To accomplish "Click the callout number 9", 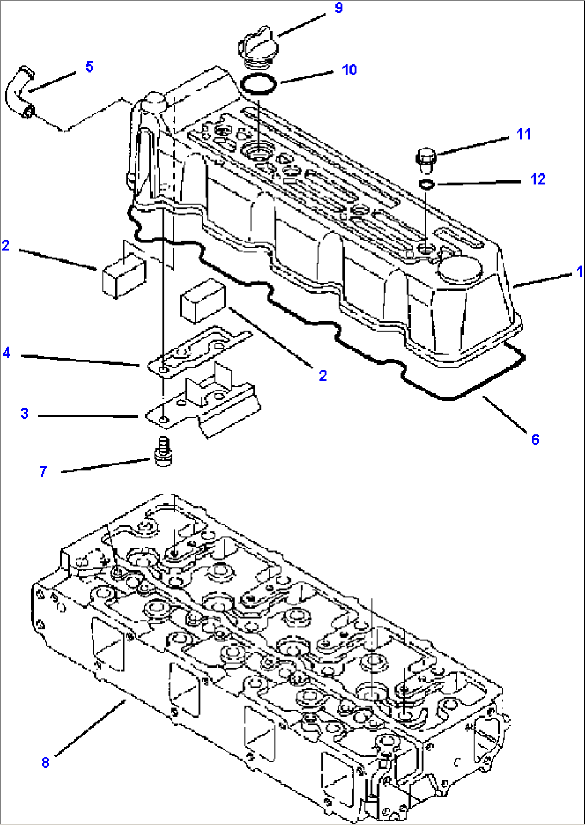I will coord(339,9).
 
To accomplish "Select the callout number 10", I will coord(349,70).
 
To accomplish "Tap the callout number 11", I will coord(523,134).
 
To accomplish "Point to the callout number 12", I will coord(538,179).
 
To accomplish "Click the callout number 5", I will coord(89,67).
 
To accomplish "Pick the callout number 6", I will coord(535,439).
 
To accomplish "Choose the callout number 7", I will coord(43,472).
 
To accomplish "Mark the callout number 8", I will coord(46,762).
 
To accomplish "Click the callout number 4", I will coord(6,353).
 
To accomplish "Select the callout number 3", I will coord(25,414).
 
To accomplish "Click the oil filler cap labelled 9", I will coord(257,48).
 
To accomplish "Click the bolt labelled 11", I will coord(426,160).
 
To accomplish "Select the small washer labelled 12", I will coord(427,185).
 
